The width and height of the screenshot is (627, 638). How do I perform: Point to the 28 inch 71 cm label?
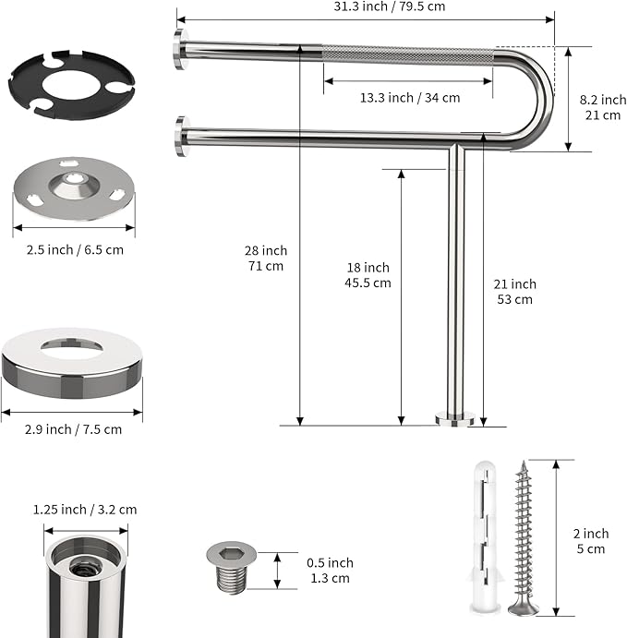267,258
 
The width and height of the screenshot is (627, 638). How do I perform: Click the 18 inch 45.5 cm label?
369,274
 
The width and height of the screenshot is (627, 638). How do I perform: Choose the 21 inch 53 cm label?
514,291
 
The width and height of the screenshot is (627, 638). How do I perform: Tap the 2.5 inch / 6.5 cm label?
74,249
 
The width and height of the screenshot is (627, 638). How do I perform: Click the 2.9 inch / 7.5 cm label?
73,428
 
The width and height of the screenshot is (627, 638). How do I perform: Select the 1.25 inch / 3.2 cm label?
85,509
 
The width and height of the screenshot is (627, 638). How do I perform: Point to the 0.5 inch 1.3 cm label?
330,571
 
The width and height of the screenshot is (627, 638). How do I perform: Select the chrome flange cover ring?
72,364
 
